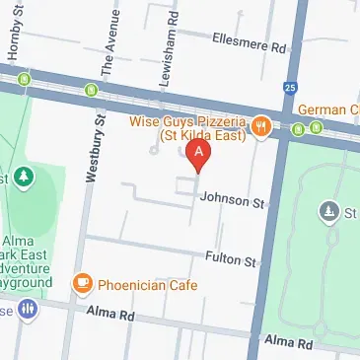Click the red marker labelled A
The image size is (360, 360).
pos(199,154)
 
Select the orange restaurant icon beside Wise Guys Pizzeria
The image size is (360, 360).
pos(261,125)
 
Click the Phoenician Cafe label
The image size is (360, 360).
pos(147,285)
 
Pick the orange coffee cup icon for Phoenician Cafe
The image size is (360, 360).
pos(83,285)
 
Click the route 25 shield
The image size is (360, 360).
pos(290,87)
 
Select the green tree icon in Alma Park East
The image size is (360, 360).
pos(23,178)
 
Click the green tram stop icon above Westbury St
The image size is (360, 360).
pos(92,91)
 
